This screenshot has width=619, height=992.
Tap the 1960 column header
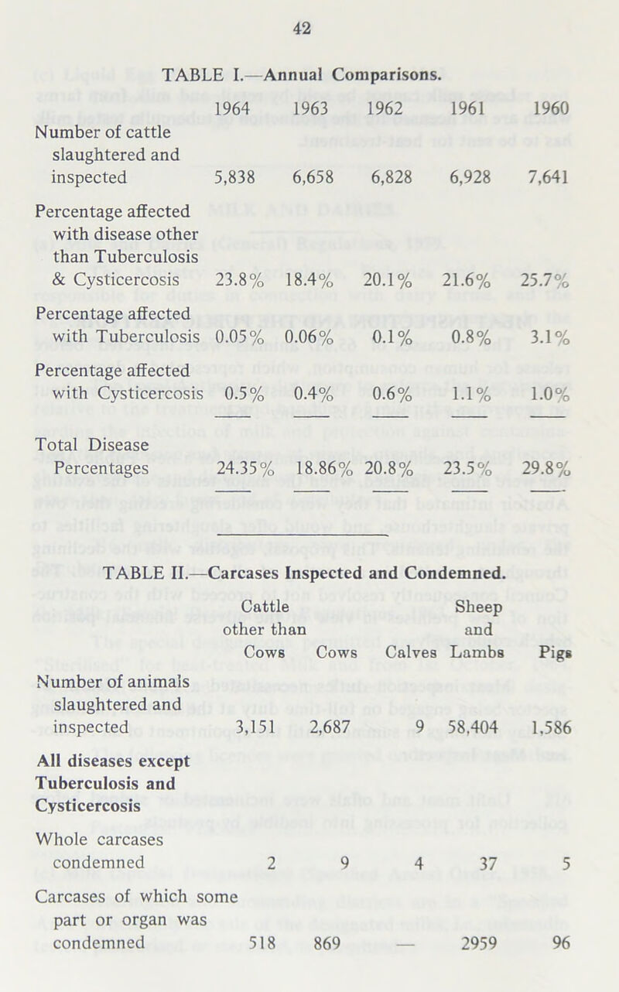552,109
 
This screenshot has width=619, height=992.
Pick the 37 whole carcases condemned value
487,862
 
